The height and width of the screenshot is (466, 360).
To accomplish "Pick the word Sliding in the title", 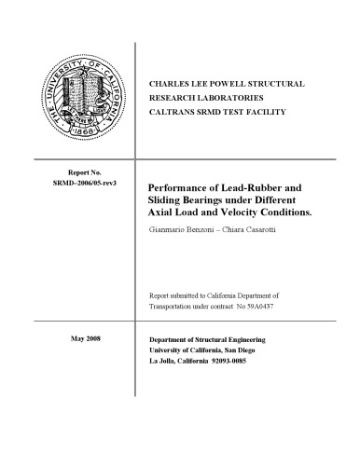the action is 168,200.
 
